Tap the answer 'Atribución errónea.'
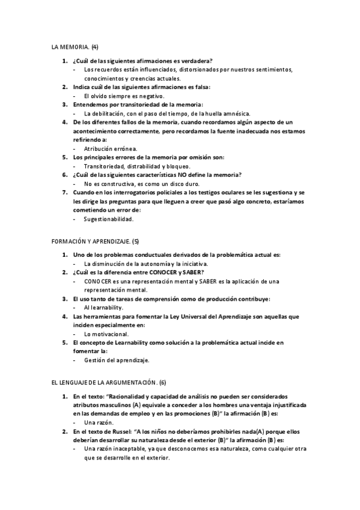click(x=111, y=148)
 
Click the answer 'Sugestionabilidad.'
click(x=109, y=219)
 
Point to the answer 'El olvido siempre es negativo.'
click(x=124, y=96)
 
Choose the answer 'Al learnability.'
click(x=104, y=307)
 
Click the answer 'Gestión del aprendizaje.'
click(x=117, y=360)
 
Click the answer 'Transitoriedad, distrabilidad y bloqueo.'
click(x=137, y=166)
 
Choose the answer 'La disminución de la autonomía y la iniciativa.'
click(x=146, y=263)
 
